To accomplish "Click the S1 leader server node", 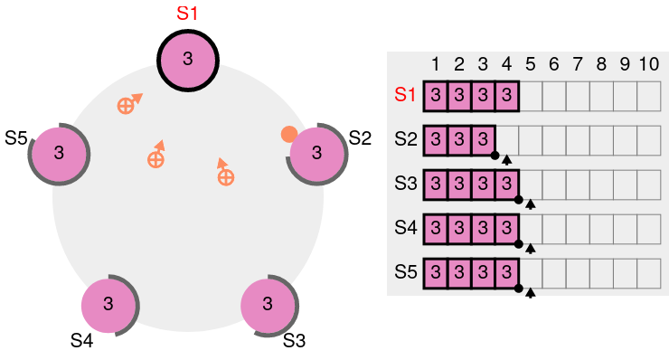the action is [x=188, y=61].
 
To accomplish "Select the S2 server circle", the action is [x=316, y=154].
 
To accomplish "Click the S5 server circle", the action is [x=60, y=154].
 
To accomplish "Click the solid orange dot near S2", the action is [x=289, y=135].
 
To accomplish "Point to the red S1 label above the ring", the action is [x=187, y=14].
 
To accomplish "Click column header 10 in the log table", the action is [x=648, y=64].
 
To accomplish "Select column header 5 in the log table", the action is [x=531, y=64].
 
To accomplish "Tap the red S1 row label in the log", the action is [x=405, y=94].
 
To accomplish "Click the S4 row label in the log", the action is [x=405, y=228].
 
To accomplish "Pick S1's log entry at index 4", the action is [x=507, y=96].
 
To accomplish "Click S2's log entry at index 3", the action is [x=483, y=140].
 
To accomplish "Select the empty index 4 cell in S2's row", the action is [x=507, y=140].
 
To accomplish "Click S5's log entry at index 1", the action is [x=436, y=274].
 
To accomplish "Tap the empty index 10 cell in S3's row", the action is [x=649, y=185].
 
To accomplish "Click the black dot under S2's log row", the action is [x=495, y=156].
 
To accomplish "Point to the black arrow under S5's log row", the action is [x=531, y=293].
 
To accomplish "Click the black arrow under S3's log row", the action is [x=531, y=204].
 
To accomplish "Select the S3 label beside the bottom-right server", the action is [x=294, y=341].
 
